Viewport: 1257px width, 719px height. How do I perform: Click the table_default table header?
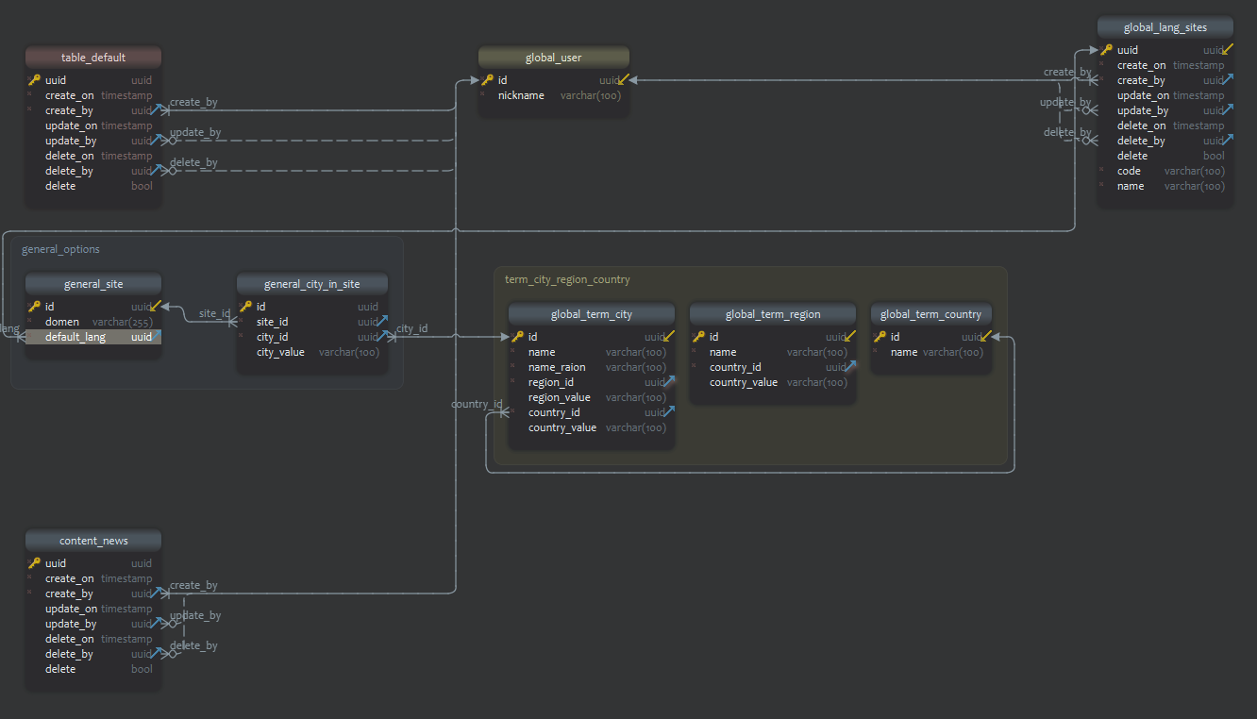93,58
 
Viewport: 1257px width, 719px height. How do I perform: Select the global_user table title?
553,58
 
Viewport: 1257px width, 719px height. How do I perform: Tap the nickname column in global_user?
521,95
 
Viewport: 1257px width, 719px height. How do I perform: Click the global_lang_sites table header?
1165,27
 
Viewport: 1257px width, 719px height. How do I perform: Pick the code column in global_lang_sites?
1129,171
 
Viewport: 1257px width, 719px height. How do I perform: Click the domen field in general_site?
62,322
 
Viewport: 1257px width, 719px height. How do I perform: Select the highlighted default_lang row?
75,337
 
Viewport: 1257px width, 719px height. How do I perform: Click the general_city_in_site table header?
311,284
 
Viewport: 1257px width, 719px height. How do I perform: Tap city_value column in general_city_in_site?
280,352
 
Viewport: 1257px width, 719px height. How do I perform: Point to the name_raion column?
557,367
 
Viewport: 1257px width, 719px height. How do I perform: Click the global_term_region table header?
773,314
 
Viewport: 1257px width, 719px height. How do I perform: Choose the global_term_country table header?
930,314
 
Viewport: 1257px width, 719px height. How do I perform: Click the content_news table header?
93,541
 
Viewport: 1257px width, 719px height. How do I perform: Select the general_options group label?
60,250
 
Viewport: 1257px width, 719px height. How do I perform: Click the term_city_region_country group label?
567,280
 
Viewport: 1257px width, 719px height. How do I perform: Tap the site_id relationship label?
214,314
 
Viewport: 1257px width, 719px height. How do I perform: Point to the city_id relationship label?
411,329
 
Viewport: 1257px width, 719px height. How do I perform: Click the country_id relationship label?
477,405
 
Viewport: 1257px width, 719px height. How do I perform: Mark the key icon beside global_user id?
488,80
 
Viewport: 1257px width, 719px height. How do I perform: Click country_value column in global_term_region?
744,382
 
